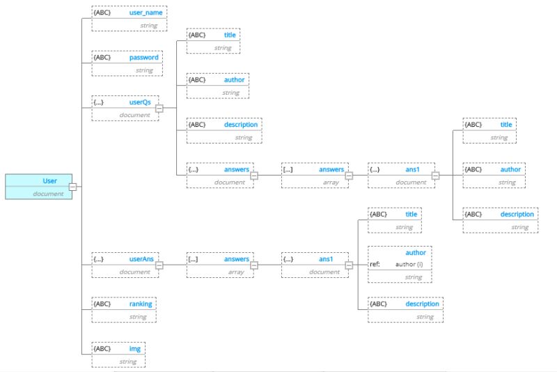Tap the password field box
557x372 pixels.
pyautogui.click(x=127, y=63)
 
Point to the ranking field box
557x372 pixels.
pyautogui.click(x=124, y=310)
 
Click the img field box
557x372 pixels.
pyautogui.click(x=119, y=354)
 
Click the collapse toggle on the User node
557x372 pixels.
pyautogui.click(x=72, y=187)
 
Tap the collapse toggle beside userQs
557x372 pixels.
pyautogui.click(x=159, y=108)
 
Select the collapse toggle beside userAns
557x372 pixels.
pyautogui.click(x=159, y=265)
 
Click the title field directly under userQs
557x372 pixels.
pyautogui.click(x=213, y=41)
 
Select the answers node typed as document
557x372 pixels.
pyautogui.click(x=219, y=176)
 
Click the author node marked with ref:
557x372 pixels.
pyautogui.click(x=400, y=265)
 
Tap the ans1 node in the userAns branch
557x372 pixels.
pyautogui.click(x=314, y=265)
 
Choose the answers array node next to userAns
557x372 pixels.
pyautogui.click(x=219, y=265)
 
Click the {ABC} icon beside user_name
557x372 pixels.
pyautogui.click(x=101, y=13)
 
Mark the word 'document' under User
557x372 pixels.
pyautogui.click(x=48, y=193)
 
